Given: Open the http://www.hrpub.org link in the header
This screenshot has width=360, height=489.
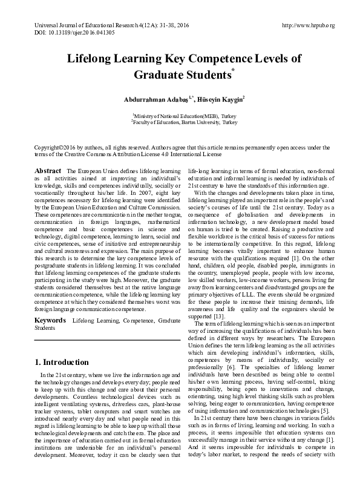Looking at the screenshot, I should coord(308,26).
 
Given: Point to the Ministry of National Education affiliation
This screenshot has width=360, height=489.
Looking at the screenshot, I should coord(180,114).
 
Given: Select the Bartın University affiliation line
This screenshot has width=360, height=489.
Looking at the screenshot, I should coord(180,121).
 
